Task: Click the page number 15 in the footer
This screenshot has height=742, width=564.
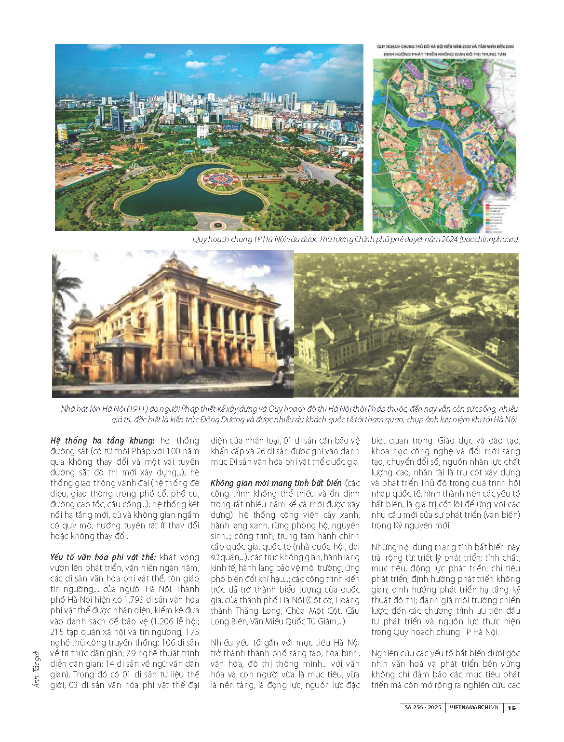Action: point(512,708)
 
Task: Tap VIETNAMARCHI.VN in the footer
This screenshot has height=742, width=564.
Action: point(473,707)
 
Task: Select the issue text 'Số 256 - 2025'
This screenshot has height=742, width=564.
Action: point(423,707)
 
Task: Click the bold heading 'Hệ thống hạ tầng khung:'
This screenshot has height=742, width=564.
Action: point(102,440)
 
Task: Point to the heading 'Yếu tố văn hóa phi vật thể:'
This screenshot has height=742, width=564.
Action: point(103,557)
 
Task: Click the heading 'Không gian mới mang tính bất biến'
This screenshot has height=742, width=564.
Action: point(276,483)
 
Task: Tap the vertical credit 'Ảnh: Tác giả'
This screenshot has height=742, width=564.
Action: point(36,669)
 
